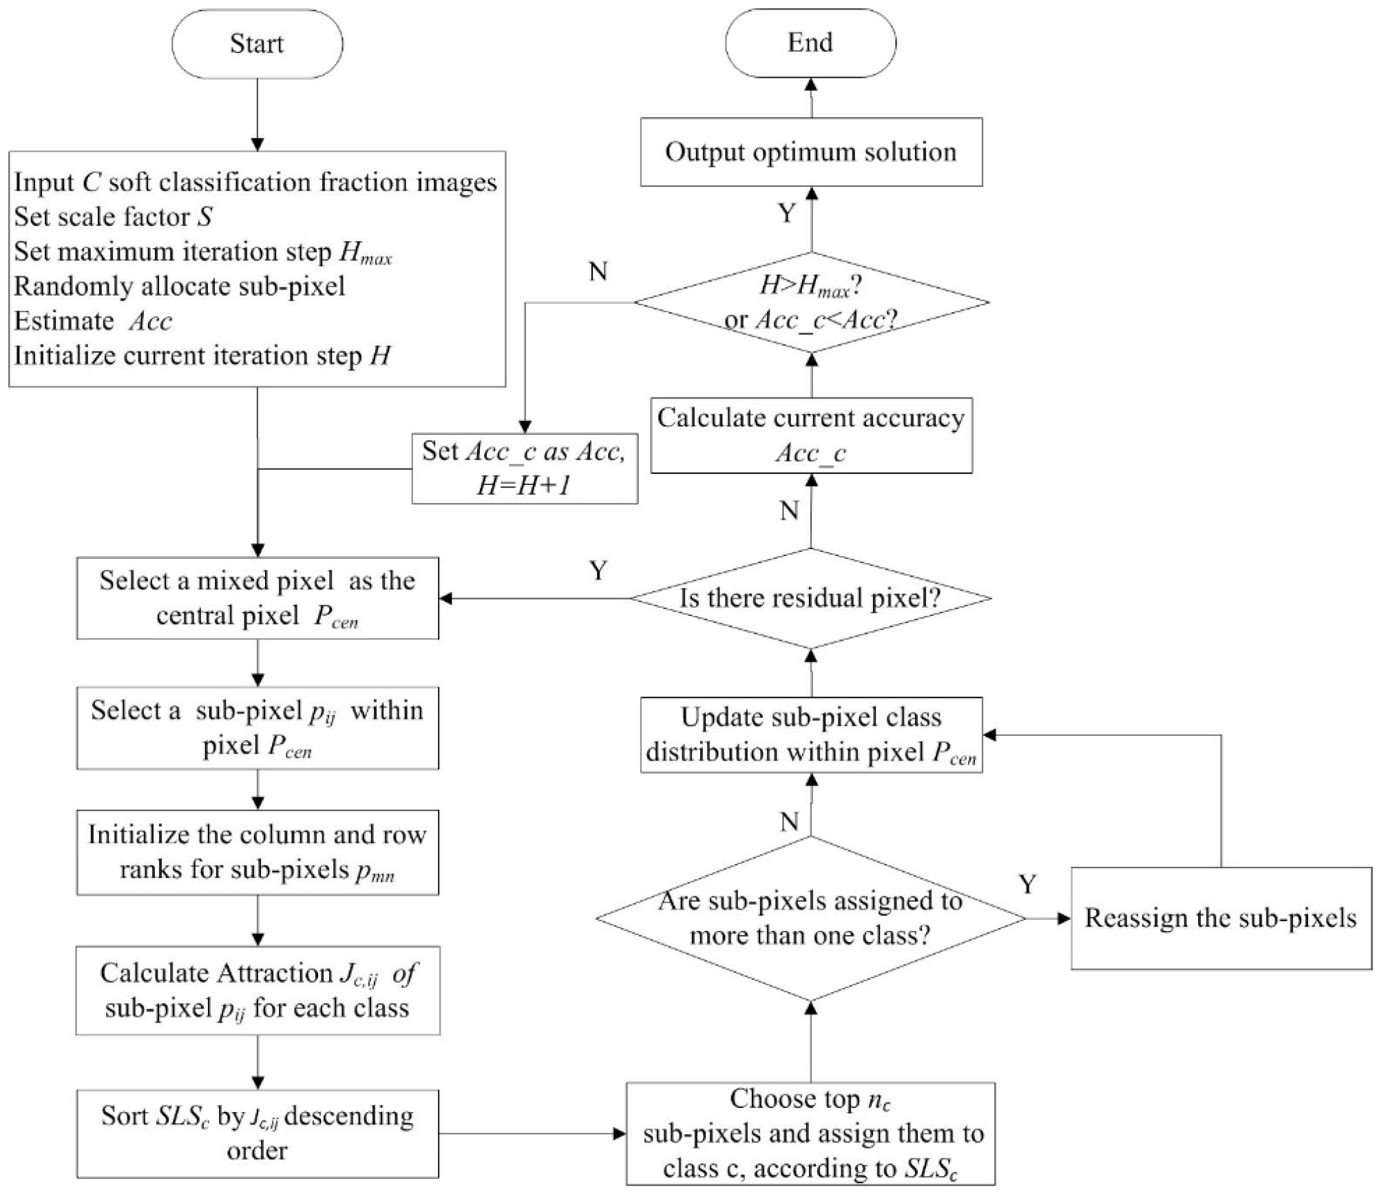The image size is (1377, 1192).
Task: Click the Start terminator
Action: pyautogui.click(x=257, y=44)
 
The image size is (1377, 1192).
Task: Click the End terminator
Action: pyautogui.click(x=810, y=43)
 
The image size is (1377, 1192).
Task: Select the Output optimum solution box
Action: pyautogui.click(x=811, y=152)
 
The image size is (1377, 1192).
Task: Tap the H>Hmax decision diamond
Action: pyautogui.click(x=811, y=302)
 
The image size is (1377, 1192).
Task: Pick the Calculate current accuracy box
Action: pyautogui.click(x=811, y=435)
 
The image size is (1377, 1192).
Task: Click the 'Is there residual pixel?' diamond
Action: pyautogui.click(x=811, y=598)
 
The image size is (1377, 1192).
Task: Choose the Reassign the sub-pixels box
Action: pyautogui.click(x=1221, y=918)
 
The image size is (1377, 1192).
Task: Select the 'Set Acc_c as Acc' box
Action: pyautogui.click(x=525, y=469)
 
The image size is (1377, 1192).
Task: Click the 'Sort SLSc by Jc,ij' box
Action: pyautogui.click(x=257, y=1133)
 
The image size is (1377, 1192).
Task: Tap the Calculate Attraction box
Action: pyautogui.click(x=257, y=990)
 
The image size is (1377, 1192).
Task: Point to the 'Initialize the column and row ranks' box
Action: pyautogui.click(x=257, y=852)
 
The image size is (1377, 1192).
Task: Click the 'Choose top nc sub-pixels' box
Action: pyautogui.click(x=811, y=1133)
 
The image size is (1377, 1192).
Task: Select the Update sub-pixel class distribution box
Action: pyautogui.click(x=811, y=735)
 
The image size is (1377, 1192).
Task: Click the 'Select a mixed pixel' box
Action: pyautogui.click(x=257, y=598)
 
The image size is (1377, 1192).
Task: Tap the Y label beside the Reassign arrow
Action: pyautogui.click(x=1027, y=884)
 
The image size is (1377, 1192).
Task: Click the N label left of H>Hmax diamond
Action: pyautogui.click(x=598, y=272)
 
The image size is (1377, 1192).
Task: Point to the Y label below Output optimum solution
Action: pyautogui.click(x=787, y=214)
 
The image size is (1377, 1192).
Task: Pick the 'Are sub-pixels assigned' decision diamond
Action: pyautogui.click(x=811, y=918)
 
